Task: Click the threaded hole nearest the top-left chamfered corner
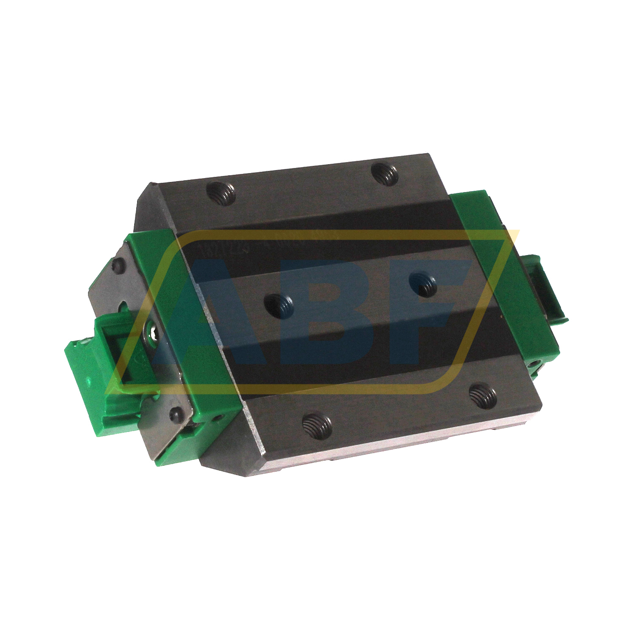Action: point(222,193)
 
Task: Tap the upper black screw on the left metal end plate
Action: point(119,266)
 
